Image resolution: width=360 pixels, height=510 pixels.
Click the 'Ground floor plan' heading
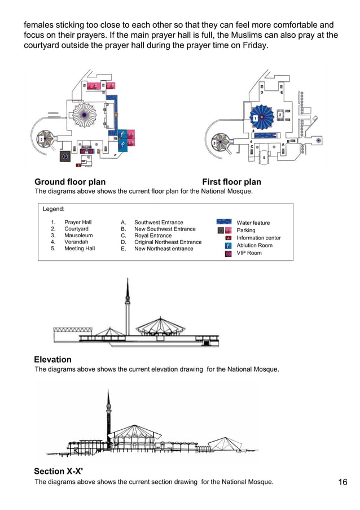coord(70,182)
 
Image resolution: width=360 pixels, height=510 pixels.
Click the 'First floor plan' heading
coord(231,182)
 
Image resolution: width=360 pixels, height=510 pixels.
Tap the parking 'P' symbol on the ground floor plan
coord(65,156)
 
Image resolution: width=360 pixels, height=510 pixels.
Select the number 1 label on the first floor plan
coord(254,118)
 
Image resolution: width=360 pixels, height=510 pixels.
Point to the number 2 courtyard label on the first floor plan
coord(280,115)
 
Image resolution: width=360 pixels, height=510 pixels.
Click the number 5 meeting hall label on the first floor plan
coord(264,157)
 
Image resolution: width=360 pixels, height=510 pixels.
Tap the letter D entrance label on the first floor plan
coord(261,92)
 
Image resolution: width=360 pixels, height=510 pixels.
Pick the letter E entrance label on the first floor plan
coord(282,92)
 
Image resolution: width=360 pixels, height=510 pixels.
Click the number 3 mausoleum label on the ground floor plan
coord(41,139)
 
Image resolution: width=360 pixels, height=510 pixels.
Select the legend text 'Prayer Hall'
coord(78,223)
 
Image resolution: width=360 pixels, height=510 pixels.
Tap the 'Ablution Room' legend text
coord(254,246)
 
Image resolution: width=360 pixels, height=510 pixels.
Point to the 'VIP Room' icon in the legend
coord(228,254)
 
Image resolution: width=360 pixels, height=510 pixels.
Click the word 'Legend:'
coord(54,209)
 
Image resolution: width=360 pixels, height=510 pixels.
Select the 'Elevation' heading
coord(52,360)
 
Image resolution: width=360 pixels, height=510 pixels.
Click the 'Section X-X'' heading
coord(58,472)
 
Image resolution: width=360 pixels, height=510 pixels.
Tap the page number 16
coord(343,482)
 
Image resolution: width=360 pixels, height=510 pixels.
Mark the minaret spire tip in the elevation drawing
coord(127,279)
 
